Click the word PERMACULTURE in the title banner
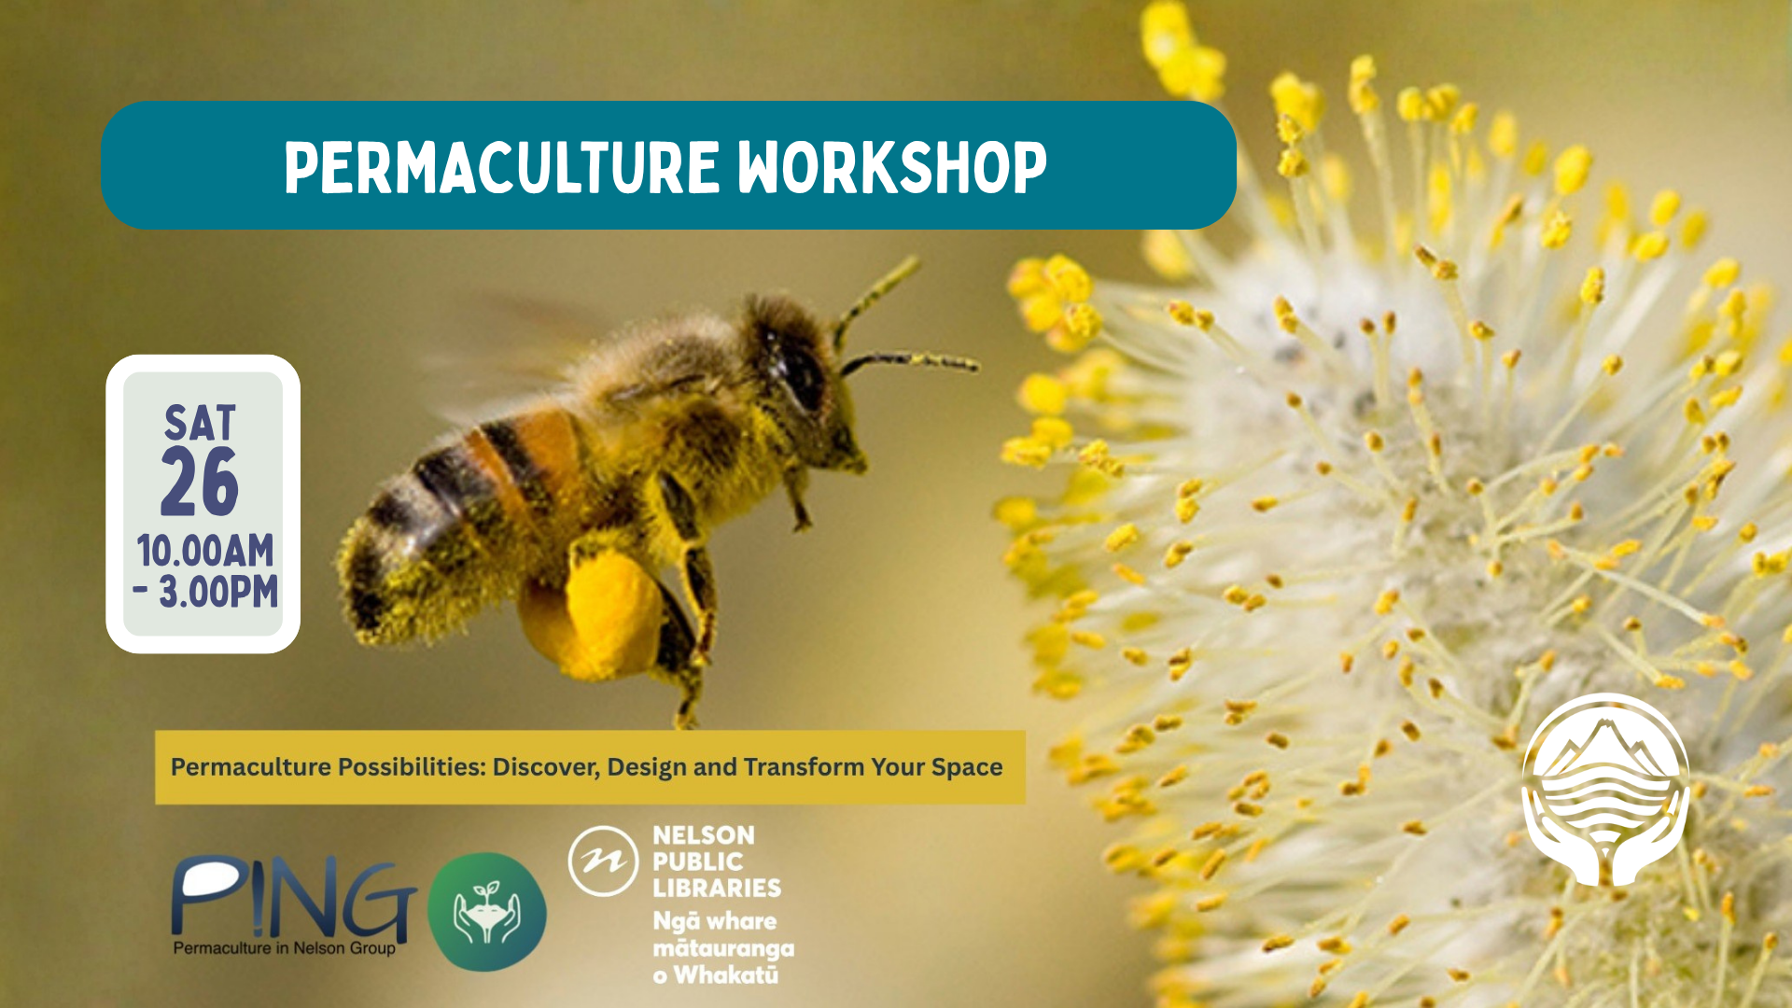pyautogui.click(x=502, y=168)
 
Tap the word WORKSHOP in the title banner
pyautogui.click(x=892, y=168)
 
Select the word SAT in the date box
pyautogui.click(x=201, y=423)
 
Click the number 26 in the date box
pyautogui.click(x=200, y=482)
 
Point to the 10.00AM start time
pyautogui.click(x=205, y=551)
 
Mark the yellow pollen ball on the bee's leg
pyautogui.click(x=592, y=613)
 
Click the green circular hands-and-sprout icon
pyautogui.click(x=487, y=912)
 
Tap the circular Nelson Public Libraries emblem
pyautogui.click(x=603, y=861)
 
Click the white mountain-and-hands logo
pyautogui.click(x=1605, y=790)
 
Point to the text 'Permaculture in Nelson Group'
pyautogui.click(x=285, y=948)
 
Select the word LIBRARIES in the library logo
pyautogui.click(x=717, y=888)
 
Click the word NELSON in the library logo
pyautogui.click(x=704, y=835)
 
